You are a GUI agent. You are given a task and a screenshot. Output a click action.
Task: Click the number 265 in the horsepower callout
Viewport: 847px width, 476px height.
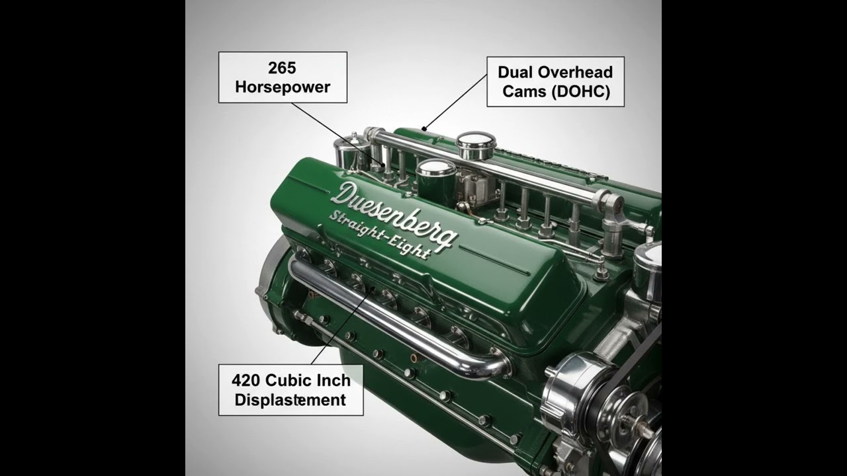282,68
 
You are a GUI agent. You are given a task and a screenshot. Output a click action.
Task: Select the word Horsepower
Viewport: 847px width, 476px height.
283,87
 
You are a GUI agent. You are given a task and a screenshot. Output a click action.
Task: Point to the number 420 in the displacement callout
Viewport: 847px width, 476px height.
245,380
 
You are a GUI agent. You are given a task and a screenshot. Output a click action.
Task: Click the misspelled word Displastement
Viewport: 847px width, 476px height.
290,400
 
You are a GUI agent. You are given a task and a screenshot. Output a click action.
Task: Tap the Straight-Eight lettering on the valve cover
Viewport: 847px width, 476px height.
380,235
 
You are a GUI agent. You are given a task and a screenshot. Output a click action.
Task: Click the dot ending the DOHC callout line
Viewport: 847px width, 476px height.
424,129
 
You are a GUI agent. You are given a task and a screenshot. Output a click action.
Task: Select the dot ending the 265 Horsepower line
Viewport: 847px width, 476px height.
382,165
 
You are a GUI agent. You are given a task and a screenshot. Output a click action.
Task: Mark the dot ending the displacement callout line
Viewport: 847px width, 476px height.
373,289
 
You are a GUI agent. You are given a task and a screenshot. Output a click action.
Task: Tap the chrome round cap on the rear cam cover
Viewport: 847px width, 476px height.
476,145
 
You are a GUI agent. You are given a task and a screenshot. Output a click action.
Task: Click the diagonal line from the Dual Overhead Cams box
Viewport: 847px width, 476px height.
456,102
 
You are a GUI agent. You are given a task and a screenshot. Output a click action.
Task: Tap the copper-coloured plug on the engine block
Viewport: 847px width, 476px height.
414,358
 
